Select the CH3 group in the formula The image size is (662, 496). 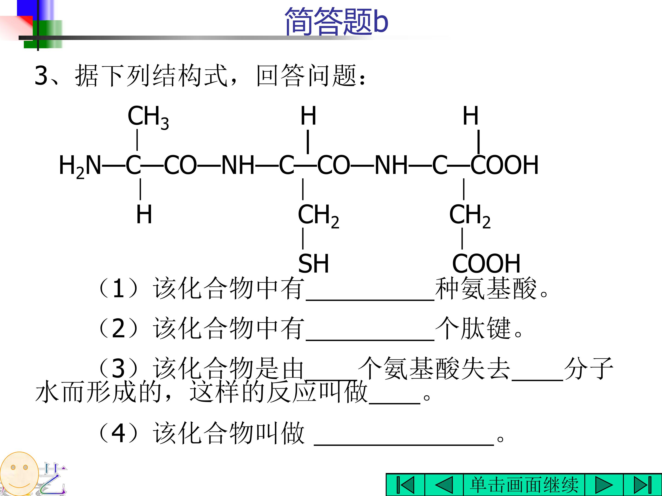click(148, 117)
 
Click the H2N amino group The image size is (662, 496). click(80, 166)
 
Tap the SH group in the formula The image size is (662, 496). click(313, 263)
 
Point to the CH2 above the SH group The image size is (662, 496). click(318, 216)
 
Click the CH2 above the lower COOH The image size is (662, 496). click(470, 216)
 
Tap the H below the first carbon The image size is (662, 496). click(144, 214)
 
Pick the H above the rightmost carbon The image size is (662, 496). click(471, 116)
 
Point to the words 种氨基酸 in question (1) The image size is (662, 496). click(486, 288)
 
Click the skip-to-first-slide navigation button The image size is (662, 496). click(405, 485)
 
